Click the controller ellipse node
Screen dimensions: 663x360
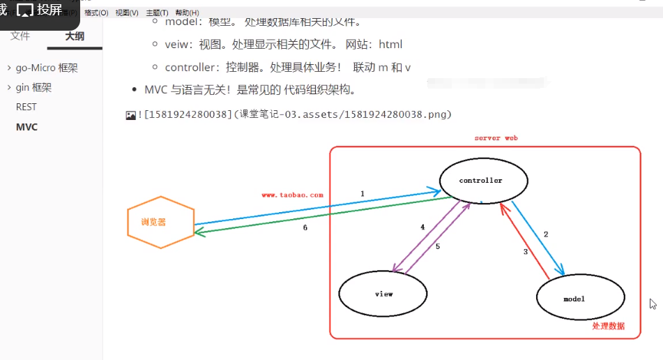483,181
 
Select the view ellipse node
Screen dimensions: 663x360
383,294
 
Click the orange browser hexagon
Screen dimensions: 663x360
160,222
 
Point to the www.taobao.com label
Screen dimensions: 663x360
292,195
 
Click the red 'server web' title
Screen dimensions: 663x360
496,138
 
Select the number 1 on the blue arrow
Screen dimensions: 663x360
363,193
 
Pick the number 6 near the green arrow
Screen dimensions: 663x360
305,227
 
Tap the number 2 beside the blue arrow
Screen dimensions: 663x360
546,234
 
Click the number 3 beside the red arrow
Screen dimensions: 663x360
526,252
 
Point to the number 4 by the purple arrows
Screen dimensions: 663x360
422,227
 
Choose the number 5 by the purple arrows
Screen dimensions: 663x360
438,246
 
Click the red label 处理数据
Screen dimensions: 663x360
609,326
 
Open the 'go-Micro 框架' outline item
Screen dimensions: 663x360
47,68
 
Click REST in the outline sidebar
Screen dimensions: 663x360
26,107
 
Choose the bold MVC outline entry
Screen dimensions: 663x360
27,127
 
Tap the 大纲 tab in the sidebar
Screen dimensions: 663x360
75,36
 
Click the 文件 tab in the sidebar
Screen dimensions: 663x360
20,36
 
